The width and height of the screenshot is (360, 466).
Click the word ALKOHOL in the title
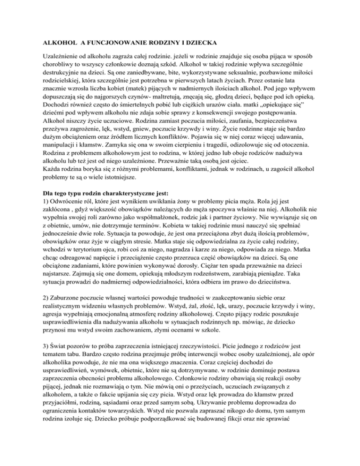click(x=53, y=43)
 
